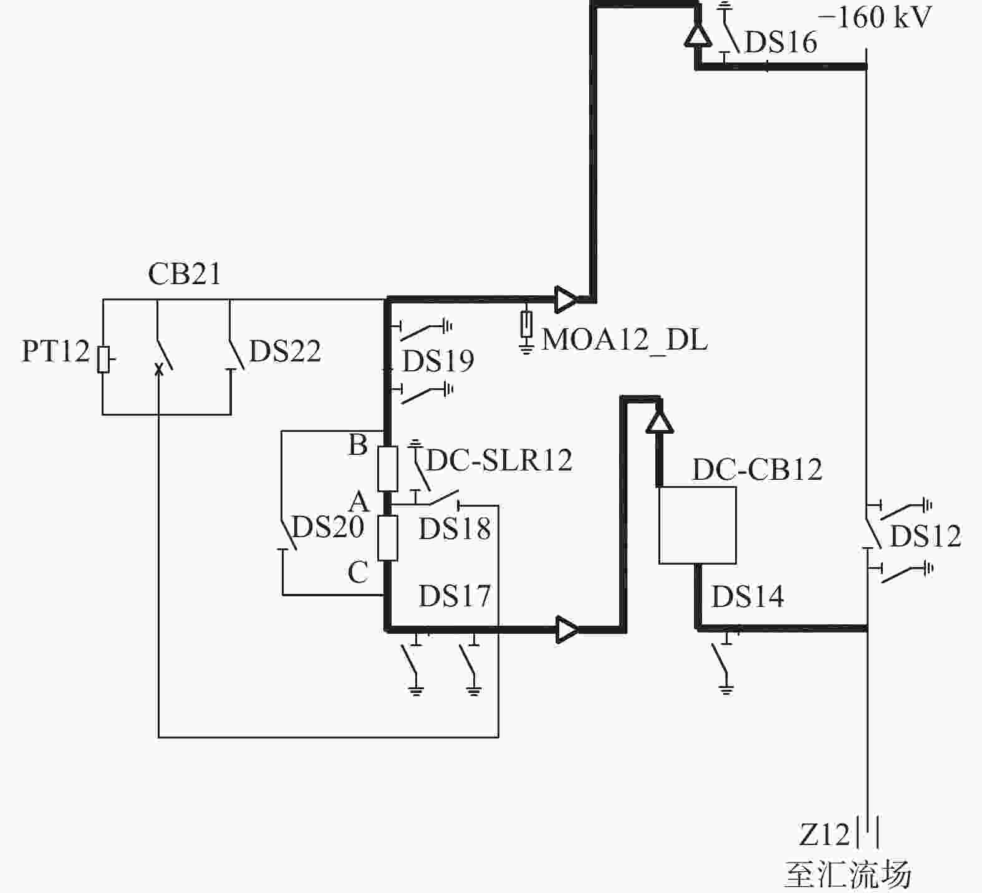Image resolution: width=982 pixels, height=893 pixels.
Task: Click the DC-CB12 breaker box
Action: pos(698,525)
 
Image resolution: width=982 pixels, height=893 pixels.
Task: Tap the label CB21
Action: pos(185,274)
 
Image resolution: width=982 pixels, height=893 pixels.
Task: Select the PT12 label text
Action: pos(56,351)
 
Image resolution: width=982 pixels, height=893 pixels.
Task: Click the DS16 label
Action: pos(781,42)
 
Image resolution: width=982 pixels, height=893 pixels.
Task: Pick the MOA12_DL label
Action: pos(625,340)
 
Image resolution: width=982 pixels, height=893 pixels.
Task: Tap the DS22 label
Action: pos(285,351)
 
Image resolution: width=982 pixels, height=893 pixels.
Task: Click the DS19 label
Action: pos(438,361)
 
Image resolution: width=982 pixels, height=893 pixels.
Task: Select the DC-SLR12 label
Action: pos(499,461)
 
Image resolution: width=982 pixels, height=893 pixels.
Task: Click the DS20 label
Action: pos(328,527)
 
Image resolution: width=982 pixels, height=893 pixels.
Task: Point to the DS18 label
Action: pos(455,529)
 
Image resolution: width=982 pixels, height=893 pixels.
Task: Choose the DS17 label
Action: pos(455,596)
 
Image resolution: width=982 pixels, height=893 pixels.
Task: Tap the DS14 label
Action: pos(748,596)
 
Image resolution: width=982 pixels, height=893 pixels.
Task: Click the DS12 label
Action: pos(925,537)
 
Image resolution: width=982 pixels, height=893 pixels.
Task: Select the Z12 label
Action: pos(824,834)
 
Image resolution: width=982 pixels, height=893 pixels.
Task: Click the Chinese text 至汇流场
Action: pos(848,875)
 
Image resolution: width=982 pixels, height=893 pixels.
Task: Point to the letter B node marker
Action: pos(358,445)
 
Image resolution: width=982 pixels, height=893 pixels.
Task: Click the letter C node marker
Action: pos(358,572)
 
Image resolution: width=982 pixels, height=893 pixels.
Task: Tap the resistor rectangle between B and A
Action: pos(388,469)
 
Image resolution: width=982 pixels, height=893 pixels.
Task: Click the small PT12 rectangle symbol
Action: pos(103,359)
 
